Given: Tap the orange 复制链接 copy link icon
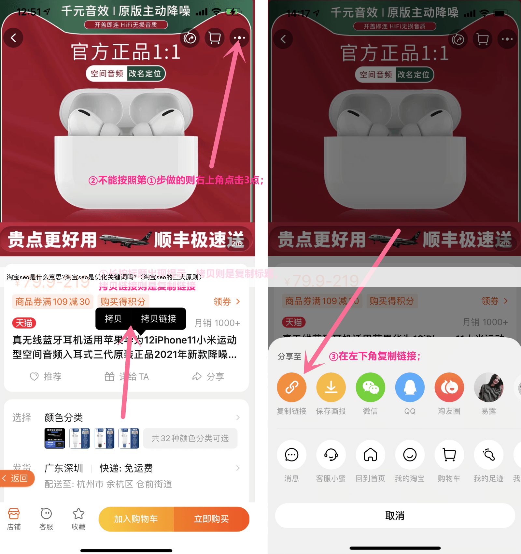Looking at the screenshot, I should [291, 387].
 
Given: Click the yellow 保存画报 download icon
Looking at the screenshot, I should [331, 387].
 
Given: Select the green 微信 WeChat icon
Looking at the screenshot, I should [370, 387].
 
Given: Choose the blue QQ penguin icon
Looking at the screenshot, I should [410, 387].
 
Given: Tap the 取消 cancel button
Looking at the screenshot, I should [395, 516].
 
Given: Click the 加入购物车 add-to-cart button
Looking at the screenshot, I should [136, 519].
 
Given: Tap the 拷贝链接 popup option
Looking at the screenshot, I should [159, 318].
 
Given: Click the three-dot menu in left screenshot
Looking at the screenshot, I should [239, 38].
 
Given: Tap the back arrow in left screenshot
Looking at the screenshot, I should [13, 38].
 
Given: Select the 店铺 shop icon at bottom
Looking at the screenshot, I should [14, 518].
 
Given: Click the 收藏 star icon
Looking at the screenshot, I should [78, 518].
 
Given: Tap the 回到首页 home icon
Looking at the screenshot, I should [370, 455].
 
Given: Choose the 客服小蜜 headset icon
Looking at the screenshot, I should [331, 455].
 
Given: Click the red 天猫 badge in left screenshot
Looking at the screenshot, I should [24, 323].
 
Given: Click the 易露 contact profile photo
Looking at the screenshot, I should [488, 387].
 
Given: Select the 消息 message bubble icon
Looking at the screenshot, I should [291, 455].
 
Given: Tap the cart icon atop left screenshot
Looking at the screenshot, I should [214, 38].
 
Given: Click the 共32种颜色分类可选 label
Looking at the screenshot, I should [190, 438].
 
